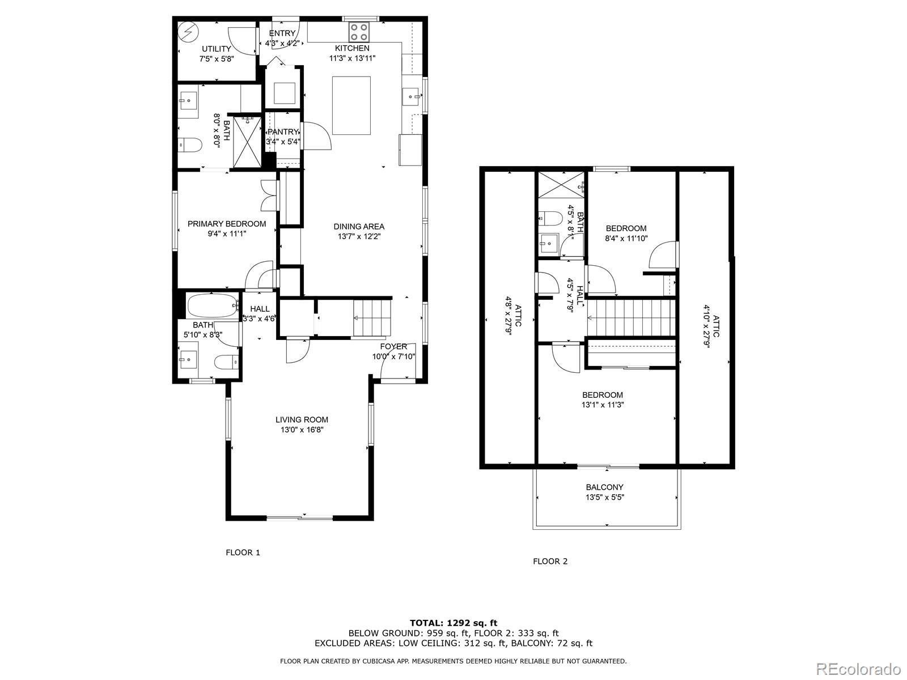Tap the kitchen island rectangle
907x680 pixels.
[351, 105]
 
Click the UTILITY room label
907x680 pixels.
[217, 49]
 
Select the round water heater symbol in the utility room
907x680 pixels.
[188, 31]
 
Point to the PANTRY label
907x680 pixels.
[283, 131]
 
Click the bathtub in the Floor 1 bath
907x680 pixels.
[213, 305]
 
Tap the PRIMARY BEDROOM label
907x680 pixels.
[227, 224]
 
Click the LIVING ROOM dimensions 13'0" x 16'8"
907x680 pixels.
[302, 430]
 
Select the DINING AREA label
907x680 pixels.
[359, 226]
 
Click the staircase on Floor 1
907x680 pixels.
[372, 318]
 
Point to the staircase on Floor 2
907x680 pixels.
[631, 318]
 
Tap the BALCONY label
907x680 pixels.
[604, 487]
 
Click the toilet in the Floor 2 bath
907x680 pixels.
[550, 218]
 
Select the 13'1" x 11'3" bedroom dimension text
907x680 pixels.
[603, 405]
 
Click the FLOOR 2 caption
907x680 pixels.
[550, 561]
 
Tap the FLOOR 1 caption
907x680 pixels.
[243, 552]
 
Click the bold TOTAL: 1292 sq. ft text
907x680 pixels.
[453, 623]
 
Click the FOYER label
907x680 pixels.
[393, 346]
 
